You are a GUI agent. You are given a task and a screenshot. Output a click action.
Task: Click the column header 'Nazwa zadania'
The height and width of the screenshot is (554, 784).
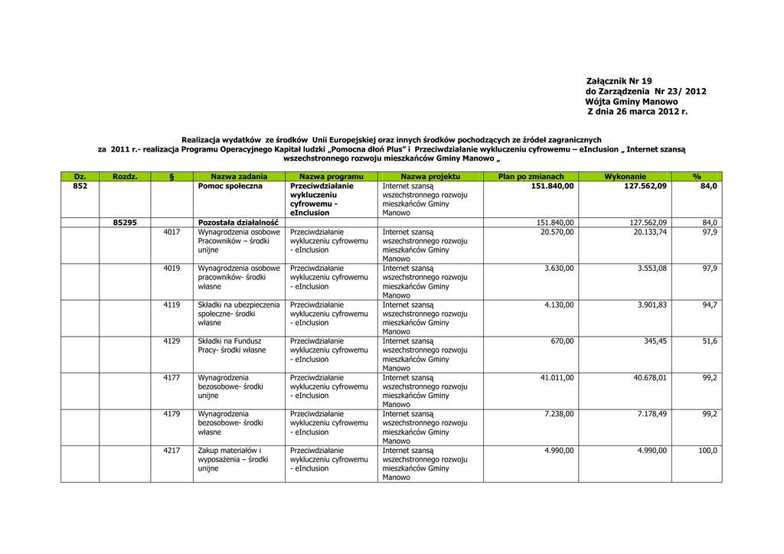[x=239, y=177]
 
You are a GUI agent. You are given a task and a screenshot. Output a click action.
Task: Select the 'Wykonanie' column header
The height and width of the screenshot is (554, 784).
[x=625, y=177]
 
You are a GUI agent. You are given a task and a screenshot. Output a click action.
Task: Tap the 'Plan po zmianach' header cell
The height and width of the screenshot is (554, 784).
[x=531, y=177]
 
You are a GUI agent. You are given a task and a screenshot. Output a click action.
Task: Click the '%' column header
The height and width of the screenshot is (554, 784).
[x=697, y=177]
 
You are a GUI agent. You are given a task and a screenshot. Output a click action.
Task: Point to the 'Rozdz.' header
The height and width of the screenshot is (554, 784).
[x=125, y=177]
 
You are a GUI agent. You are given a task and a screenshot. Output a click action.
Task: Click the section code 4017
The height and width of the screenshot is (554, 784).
[x=171, y=232]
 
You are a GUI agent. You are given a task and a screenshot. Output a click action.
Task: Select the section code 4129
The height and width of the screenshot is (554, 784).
[x=171, y=341]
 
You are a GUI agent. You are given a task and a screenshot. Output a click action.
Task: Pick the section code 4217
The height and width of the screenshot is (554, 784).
[x=171, y=451]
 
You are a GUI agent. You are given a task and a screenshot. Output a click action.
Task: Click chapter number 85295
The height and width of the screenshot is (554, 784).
[x=125, y=223]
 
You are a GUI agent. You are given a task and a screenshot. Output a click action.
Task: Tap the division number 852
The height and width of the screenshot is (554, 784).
[x=80, y=186]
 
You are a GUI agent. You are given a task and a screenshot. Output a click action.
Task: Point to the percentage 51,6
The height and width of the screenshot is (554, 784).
[x=710, y=341]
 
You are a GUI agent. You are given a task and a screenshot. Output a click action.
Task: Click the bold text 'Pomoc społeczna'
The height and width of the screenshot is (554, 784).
[x=230, y=186]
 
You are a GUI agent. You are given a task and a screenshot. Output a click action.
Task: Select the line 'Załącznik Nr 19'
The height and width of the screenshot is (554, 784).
[x=619, y=81]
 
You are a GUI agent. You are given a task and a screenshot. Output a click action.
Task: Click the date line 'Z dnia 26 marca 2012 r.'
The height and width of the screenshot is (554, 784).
[x=637, y=112]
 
